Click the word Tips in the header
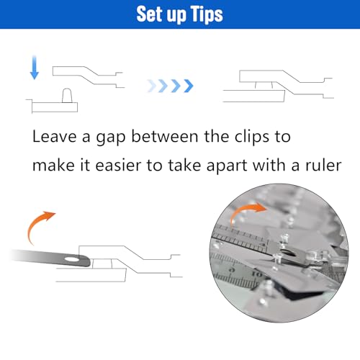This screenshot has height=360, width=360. click(206, 14)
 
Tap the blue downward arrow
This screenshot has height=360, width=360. click(35, 68)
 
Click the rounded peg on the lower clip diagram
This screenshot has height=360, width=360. click(67, 96)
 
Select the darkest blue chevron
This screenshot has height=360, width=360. click(189, 86)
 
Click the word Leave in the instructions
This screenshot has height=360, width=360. click(54, 137)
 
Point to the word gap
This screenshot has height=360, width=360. click(111, 138)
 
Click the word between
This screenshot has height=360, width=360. click(165, 136)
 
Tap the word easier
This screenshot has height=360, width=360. click(118, 165)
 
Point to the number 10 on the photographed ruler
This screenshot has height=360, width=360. click(257, 274)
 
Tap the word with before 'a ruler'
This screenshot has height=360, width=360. click(269, 165)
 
